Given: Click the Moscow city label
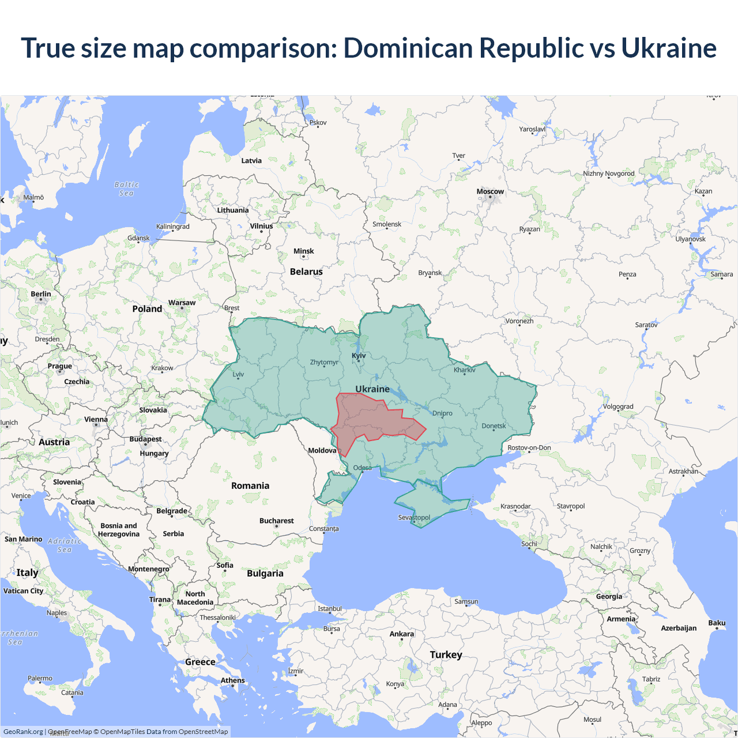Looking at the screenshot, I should click(490, 191).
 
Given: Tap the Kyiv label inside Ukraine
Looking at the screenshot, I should click(359, 355).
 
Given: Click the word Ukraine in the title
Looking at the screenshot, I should click(668, 48).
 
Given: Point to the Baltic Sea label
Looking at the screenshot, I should click(127, 189).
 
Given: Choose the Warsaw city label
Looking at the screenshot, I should click(182, 303).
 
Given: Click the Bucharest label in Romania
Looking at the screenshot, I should click(276, 521).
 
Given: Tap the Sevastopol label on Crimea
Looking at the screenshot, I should click(414, 517).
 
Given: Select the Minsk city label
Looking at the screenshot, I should click(303, 251).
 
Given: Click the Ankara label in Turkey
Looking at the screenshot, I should click(401, 634).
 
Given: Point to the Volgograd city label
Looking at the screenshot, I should click(618, 406).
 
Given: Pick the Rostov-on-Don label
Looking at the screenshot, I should click(529, 447).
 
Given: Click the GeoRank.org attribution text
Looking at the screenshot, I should click(23, 732).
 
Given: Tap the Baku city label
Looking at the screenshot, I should click(717, 623).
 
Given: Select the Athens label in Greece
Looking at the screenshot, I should click(232, 680).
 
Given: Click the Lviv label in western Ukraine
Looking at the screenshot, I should click(238, 374).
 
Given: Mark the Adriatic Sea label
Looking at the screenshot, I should click(65, 545).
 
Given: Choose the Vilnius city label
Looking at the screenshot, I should click(261, 226).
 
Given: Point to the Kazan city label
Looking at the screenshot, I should click(703, 191).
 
